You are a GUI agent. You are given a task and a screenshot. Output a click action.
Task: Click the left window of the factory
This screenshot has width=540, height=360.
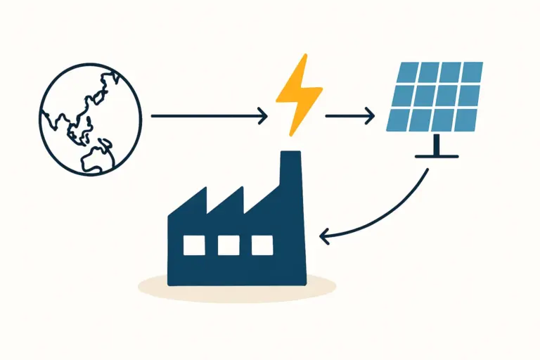pyautogui.click(x=194, y=245)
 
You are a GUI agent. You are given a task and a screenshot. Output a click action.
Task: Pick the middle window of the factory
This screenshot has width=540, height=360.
pyautogui.click(x=229, y=245)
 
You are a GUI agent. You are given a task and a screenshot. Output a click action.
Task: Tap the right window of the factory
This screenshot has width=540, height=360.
pyautogui.click(x=262, y=245)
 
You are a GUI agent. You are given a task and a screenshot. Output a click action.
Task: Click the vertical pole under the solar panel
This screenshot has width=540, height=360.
pyautogui.click(x=437, y=145)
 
